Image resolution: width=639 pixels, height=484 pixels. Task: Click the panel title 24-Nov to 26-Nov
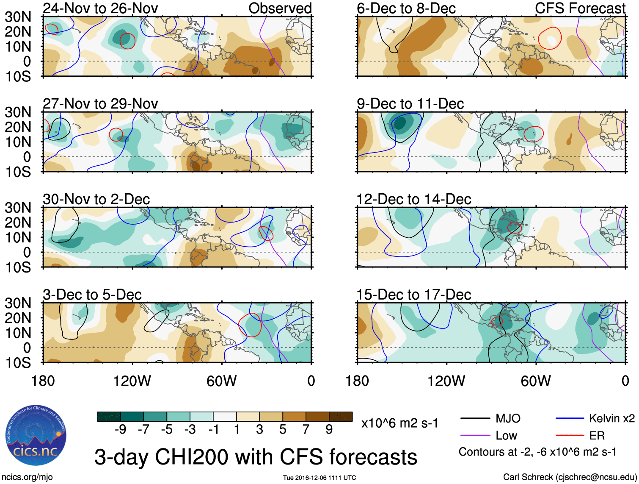tap(100, 8)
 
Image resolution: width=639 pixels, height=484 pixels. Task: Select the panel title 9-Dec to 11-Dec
tap(410, 104)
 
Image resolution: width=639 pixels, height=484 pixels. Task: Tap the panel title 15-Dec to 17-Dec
tap(413, 295)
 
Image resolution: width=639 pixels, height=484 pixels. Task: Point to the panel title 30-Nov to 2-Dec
tap(96, 199)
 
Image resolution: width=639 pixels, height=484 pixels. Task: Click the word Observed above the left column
tap(280, 8)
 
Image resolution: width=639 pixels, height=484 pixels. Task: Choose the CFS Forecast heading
tap(580, 8)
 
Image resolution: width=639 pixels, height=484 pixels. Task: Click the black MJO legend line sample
tap(475, 419)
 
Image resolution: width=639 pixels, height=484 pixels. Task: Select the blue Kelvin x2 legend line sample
tap(570, 419)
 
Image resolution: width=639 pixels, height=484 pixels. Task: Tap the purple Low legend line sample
tap(475, 436)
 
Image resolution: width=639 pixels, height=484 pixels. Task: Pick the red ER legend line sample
tap(570, 436)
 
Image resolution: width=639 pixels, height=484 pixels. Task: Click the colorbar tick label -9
tap(120, 430)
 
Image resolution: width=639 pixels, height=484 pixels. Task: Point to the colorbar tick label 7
tap(306, 430)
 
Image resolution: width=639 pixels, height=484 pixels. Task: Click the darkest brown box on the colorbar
tap(341, 417)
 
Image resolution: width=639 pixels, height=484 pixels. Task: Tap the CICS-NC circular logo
tap(36, 435)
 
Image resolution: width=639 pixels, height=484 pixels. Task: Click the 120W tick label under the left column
tap(132, 381)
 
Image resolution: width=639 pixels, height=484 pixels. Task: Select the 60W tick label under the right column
tap(536, 381)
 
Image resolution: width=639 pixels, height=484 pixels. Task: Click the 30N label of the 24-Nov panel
tap(18, 17)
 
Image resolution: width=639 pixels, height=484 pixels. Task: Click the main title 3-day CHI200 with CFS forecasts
tap(256, 457)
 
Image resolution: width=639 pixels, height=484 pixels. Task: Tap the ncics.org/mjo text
tap(27, 477)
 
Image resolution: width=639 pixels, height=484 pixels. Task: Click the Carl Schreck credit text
tap(570, 477)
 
